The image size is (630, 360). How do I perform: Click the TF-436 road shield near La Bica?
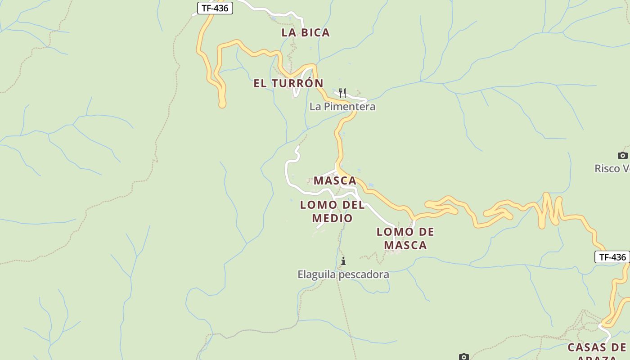coord(215,8)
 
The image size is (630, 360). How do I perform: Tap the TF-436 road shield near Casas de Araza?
coord(612,257)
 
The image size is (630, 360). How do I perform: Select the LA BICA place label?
coord(306,32)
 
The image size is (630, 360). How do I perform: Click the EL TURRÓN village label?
coord(288,83)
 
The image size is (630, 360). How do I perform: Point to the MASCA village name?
coord(335,181)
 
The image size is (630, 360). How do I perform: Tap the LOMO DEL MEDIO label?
coord(333,211)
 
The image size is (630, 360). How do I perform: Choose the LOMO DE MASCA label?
coord(405,238)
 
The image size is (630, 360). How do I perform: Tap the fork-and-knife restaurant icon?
coord(342,93)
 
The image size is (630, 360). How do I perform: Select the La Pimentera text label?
coord(342,107)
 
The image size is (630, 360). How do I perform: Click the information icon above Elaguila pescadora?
coord(343,261)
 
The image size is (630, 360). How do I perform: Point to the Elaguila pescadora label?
coord(343,274)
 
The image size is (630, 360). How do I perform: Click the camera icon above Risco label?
coord(623,155)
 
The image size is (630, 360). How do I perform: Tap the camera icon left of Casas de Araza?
coord(464,357)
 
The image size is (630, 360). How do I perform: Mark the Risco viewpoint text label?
coord(612,168)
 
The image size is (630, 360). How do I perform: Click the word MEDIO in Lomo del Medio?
coord(333,218)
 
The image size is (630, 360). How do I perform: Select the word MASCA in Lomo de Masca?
coord(405,245)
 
